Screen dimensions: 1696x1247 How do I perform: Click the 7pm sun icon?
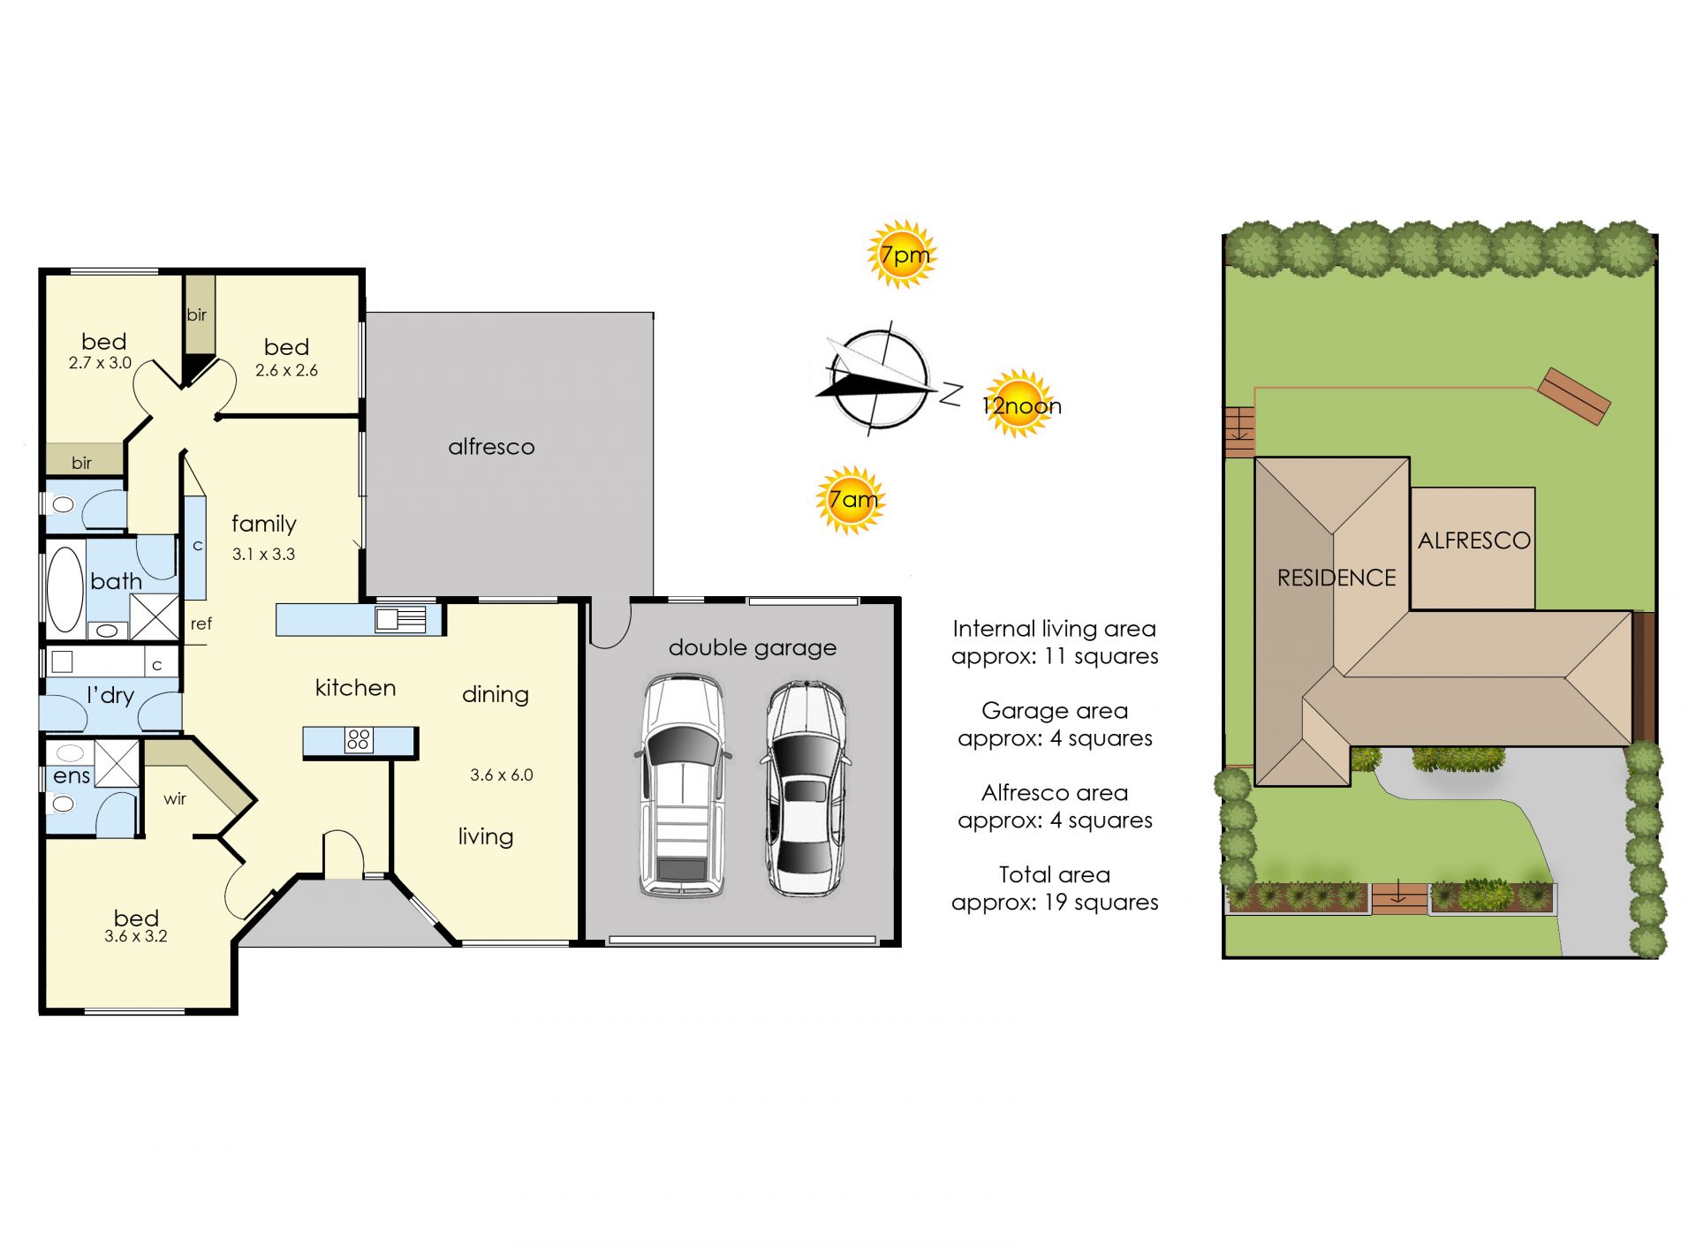click(902, 254)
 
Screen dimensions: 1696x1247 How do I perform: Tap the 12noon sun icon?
click(1020, 404)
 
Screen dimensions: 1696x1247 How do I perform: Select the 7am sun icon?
click(851, 500)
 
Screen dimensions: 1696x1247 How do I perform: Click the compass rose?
click(880, 379)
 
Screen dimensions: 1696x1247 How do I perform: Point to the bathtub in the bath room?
click(64, 588)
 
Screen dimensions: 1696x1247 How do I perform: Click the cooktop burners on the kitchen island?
click(359, 739)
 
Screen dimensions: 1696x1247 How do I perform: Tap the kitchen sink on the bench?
click(400, 618)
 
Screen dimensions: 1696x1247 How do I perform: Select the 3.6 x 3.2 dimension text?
click(136, 936)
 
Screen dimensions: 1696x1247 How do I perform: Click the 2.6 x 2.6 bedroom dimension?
click(286, 370)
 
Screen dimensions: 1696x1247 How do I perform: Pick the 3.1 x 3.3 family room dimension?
click(263, 554)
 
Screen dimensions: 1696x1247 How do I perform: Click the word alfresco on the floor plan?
click(491, 447)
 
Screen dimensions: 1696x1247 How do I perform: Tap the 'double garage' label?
click(753, 648)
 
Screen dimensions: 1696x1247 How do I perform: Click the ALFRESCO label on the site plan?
click(1474, 540)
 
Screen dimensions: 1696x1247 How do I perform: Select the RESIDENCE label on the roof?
click(1336, 578)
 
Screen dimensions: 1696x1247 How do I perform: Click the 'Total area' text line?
click(1055, 874)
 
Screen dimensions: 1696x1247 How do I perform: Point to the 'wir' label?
click(175, 798)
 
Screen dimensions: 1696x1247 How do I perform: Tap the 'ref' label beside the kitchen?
click(201, 623)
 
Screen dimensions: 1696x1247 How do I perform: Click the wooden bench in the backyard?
click(1574, 397)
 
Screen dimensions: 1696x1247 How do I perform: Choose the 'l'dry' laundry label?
click(110, 696)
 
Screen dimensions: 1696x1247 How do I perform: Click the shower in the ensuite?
click(117, 764)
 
